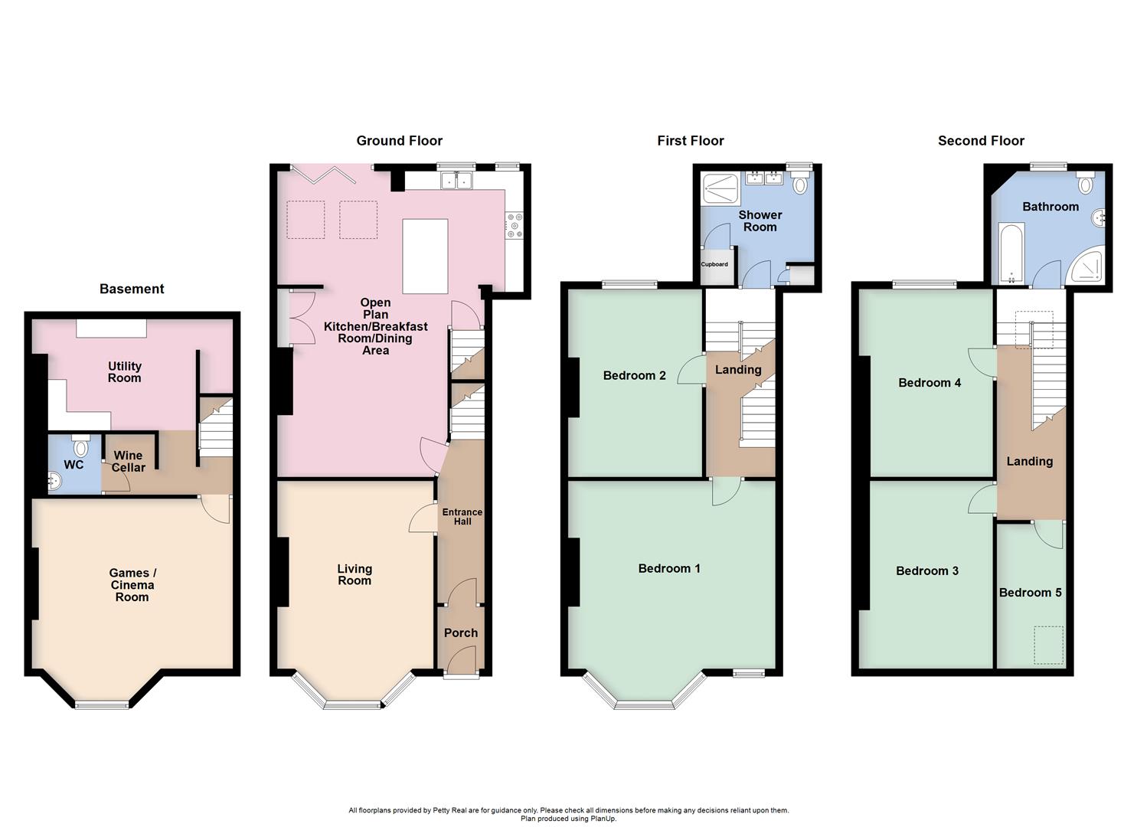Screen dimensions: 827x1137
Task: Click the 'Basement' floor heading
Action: pyautogui.click(x=132, y=289)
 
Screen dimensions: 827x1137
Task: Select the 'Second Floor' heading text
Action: pyautogui.click(x=981, y=140)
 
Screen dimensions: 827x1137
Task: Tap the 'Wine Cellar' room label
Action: pyautogui.click(x=128, y=461)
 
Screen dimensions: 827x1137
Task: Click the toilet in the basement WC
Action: pyautogui.click(x=80, y=446)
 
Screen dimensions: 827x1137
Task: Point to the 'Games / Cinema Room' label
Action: pyautogui.click(x=132, y=585)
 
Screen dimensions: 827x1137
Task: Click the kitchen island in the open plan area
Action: pyautogui.click(x=425, y=256)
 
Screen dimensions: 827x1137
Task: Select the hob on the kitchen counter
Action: pyautogui.click(x=514, y=224)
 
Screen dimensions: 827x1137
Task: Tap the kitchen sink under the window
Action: pyautogui.click(x=456, y=181)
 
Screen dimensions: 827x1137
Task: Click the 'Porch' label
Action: pyautogui.click(x=460, y=633)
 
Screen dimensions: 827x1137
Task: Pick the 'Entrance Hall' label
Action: pyautogui.click(x=462, y=517)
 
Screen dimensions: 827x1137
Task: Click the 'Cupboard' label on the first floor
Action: pyautogui.click(x=714, y=264)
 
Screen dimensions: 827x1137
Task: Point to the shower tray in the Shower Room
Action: pyautogui.click(x=720, y=188)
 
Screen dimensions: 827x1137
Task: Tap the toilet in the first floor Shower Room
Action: pyautogui.click(x=800, y=183)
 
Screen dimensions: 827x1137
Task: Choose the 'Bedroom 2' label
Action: pyautogui.click(x=634, y=375)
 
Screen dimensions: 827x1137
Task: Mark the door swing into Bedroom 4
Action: pyautogui.click(x=980, y=361)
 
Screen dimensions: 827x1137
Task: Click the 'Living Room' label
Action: pyautogui.click(x=354, y=574)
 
